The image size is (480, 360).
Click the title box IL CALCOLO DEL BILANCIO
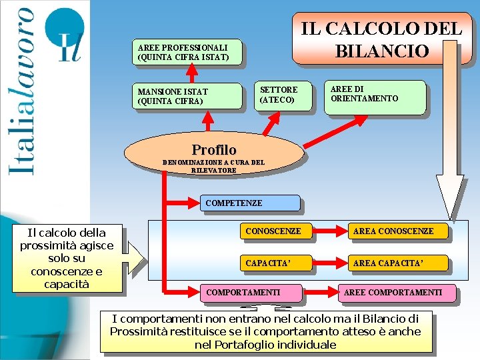pyautogui.click(x=381, y=39)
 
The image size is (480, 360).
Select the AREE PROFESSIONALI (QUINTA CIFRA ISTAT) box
pyautogui.click(x=187, y=53)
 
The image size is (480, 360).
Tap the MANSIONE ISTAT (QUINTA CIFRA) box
pyautogui.click(x=189, y=96)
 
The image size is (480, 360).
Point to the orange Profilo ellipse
pyautogui.click(x=213, y=150)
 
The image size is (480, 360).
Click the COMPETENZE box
pyautogui.click(x=250, y=203)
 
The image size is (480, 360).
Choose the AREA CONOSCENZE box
pyautogui.click(x=398, y=232)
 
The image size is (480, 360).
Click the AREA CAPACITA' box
pyautogui.click(x=398, y=263)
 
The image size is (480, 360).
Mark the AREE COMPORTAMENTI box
pyautogui.click(x=397, y=293)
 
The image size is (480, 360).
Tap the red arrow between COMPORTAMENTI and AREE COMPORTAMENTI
pyautogui.click(x=320, y=293)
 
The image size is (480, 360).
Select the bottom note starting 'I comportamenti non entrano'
pyautogui.click(x=265, y=331)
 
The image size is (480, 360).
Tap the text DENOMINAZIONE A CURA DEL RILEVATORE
pyautogui.click(x=213, y=166)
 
